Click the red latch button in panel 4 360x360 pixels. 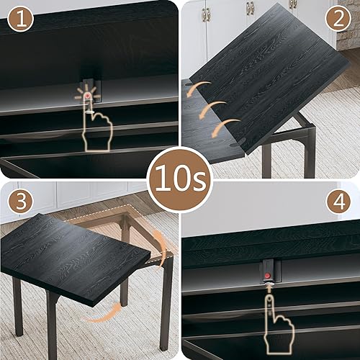[268, 276]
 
